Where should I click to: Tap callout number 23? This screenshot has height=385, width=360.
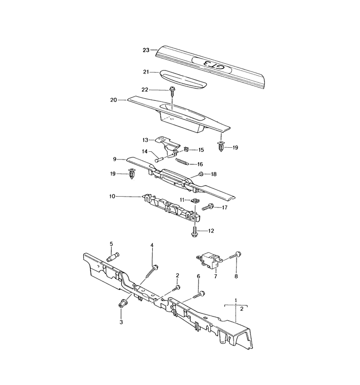[146, 50]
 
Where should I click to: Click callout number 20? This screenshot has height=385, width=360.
[114, 100]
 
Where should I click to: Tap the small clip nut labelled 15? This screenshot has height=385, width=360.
[187, 149]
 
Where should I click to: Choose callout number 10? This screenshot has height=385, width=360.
[113, 196]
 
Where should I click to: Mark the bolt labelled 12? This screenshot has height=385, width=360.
[195, 231]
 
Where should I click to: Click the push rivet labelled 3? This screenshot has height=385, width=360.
[123, 303]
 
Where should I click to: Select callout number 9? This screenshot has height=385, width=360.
[116, 159]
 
